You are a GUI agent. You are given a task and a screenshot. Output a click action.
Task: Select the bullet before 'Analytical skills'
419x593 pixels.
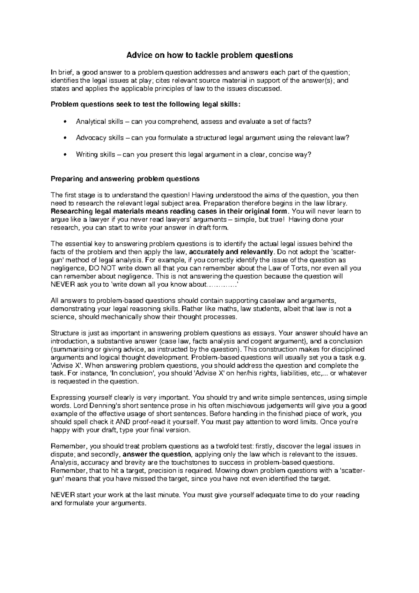pyautogui.click(x=65, y=122)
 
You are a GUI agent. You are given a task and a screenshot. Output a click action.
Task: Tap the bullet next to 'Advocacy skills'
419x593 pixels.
pyautogui.click(x=65, y=138)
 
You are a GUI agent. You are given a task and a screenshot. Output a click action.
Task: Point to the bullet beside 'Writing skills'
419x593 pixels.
pyautogui.click(x=65, y=154)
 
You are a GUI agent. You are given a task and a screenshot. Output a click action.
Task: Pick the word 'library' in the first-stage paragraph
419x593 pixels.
pyautogui.click(x=338, y=203)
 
